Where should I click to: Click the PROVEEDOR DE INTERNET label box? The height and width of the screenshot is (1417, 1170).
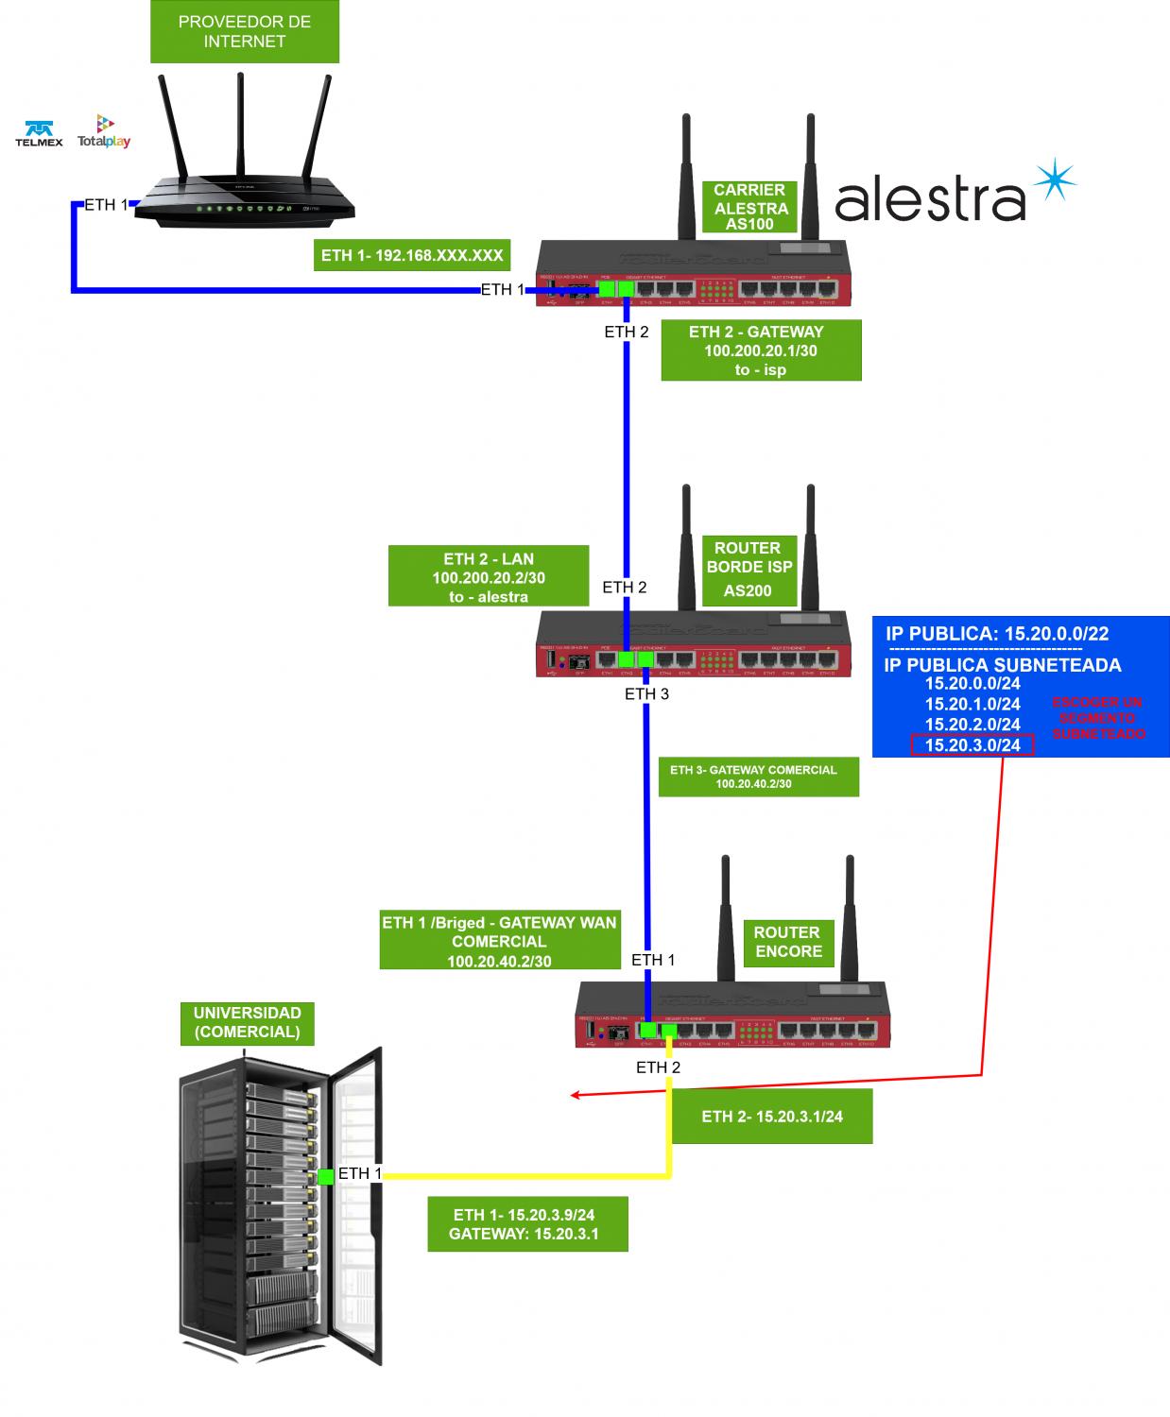coord(244,32)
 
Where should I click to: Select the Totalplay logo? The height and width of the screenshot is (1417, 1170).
coord(104,132)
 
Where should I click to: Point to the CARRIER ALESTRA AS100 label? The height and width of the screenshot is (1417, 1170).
coord(750,207)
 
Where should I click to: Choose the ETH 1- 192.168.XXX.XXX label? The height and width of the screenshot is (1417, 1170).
coord(411,255)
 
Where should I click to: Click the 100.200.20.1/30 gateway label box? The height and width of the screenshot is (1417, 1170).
coord(761,350)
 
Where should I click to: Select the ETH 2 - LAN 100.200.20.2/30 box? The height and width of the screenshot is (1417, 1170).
coord(489,577)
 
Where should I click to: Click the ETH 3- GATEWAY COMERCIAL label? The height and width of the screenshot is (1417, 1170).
coord(758,777)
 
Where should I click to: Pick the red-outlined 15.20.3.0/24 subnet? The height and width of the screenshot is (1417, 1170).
coord(972,745)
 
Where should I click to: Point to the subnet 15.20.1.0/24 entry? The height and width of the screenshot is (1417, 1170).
coord(972,704)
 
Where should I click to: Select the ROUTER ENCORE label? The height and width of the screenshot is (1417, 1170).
coord(788,942)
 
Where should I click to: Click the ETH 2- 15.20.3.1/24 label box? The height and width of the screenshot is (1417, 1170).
coord(772,1117)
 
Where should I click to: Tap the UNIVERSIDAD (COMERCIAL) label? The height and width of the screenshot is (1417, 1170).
coord(247,1023)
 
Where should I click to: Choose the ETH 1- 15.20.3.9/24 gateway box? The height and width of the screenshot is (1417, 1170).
coord(526,1224)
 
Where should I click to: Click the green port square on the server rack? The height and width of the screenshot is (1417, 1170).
coord(325,1176)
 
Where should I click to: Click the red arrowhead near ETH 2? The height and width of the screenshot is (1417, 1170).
coord(574,1095)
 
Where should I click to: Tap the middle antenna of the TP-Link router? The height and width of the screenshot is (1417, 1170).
coord(240,123)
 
